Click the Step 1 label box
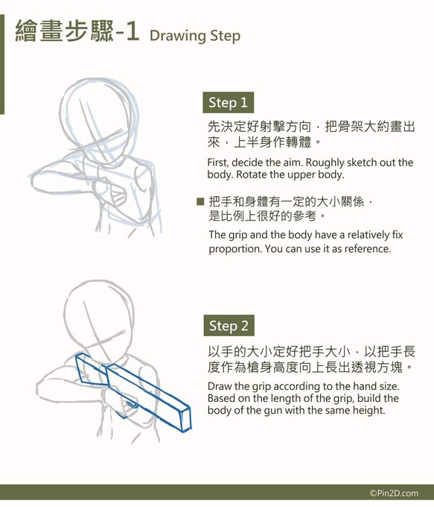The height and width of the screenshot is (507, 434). click(x=228, y=102)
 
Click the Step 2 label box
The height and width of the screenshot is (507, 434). click(x=229, y=326)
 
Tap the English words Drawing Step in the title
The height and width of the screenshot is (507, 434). click(x=195, y=36)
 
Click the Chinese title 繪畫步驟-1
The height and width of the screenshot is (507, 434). click(x=77, y=31)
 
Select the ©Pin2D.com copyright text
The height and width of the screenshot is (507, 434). click(x=394, y=493)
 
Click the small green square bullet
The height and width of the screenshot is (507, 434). click(x=200, y=201)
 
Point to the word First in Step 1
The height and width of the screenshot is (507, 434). click(x=218, y=163)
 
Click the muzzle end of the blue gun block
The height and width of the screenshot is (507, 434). click(x=185, y=420)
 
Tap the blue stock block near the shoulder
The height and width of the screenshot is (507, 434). click(x=92, y=369)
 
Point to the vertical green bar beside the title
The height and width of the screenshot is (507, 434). click(x=2, y=64)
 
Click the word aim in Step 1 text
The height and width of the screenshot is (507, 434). click(x=294, y=163)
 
